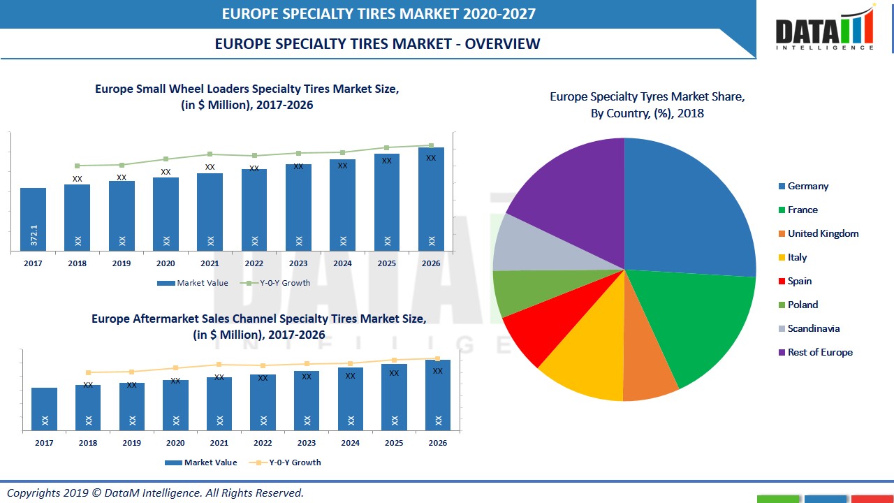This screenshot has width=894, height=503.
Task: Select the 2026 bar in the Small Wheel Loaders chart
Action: (x=431, y=199)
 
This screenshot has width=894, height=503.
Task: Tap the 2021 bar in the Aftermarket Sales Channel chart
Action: (x=219, y=404)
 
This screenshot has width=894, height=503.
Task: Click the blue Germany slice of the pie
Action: (x=684, y=210)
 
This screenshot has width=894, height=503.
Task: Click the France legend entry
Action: (x=803, y=210)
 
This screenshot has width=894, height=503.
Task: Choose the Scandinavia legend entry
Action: (x=813, y=329)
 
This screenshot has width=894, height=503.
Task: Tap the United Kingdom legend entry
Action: (x=823, y=234)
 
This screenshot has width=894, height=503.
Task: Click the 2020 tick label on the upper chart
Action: (x=166, y=263)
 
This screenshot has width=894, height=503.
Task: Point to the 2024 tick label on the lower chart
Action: (x=351, y=443)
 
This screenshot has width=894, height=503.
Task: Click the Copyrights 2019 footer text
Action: (x=155, y=493)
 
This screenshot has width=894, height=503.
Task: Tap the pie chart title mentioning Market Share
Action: (x=647, y=105)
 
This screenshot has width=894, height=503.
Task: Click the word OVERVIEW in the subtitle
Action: (x=502, y=43)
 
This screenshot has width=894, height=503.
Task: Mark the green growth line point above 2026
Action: (x=431, y=145)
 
